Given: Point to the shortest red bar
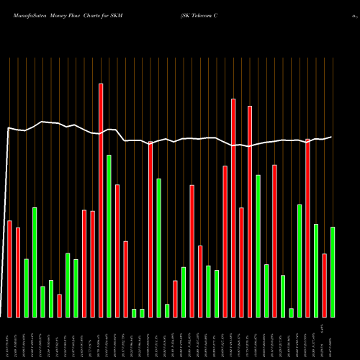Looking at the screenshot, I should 59,305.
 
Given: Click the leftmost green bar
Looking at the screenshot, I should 26,288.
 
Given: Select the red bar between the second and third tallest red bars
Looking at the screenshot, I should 241,262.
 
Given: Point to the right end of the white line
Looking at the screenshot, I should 332,137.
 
